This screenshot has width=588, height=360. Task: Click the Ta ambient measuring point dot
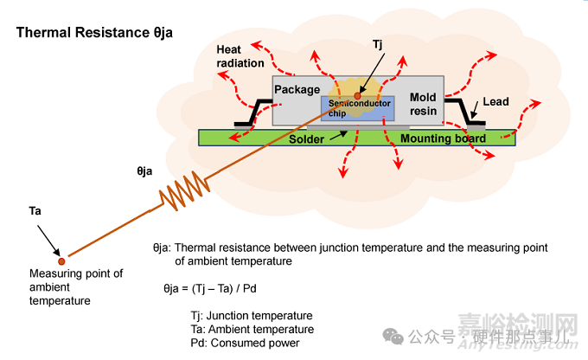point(61,259)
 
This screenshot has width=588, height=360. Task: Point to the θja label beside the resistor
point(144,171)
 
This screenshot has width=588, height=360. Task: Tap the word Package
point(297,90)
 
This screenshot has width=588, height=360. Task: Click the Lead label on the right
point(495,102)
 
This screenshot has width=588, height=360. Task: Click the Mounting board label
point(442,138)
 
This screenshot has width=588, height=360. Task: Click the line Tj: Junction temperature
point(251,315)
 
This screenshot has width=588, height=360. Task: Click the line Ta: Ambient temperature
point(252,329)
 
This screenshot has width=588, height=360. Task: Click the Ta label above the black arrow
point(35,210)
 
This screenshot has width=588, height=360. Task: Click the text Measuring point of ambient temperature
point(76,287)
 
